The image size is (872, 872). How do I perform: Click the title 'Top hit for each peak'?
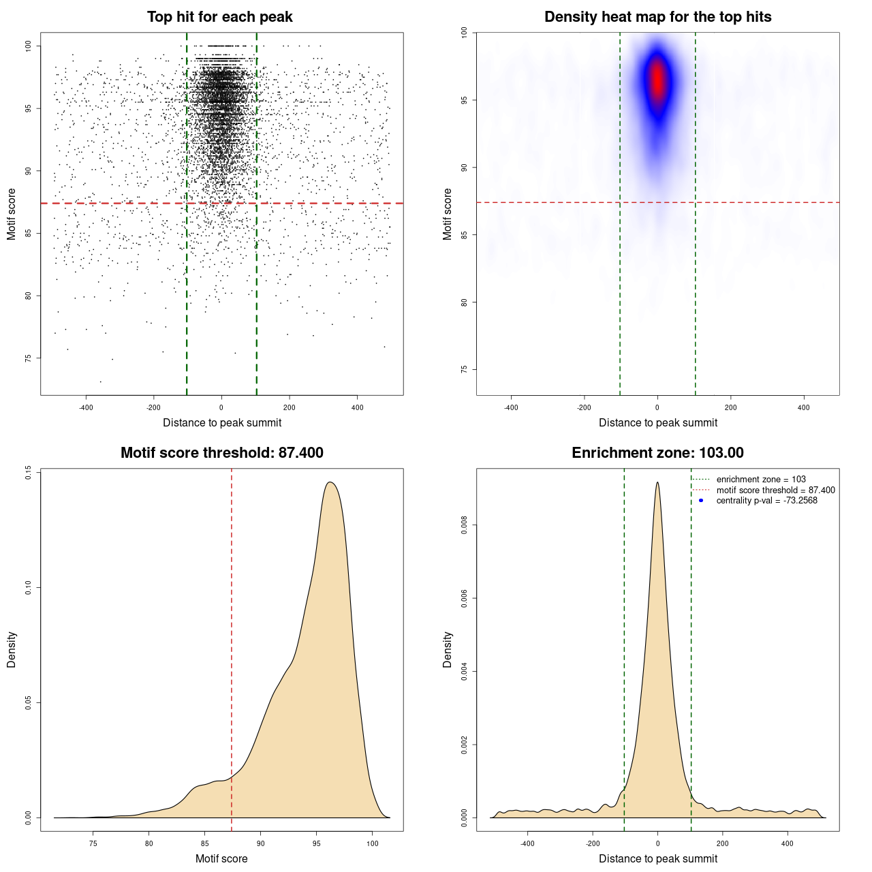219,17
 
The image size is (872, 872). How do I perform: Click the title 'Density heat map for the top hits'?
657,17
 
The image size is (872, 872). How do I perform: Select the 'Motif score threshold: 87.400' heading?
221,453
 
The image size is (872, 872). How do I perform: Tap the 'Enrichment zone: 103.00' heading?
657,453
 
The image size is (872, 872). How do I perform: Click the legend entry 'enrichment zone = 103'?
760,480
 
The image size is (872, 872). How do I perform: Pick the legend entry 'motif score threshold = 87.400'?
775,490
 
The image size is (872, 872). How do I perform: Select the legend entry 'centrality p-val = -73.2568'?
766,501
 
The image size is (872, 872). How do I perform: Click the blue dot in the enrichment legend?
701,501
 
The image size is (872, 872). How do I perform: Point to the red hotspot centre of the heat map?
657,80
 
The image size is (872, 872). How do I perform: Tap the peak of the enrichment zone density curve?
657,482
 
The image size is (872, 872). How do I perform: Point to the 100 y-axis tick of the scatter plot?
28,46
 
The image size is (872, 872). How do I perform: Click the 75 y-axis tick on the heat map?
464,369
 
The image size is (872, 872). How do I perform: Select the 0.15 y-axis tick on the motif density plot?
28,472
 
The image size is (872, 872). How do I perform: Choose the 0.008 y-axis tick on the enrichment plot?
464,525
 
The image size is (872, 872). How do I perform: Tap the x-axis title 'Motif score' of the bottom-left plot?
221,858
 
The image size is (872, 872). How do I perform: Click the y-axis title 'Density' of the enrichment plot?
448,649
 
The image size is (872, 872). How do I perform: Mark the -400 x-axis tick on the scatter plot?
86,407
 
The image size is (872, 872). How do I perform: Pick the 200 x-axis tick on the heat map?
730,407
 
